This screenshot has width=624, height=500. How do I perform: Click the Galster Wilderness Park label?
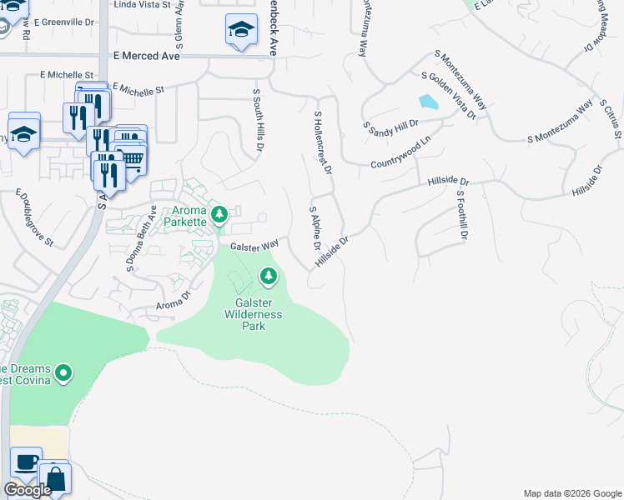click(253, 314)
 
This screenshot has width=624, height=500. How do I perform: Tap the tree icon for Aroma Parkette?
click(219, 216)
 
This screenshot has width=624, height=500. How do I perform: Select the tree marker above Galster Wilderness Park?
click(268, 275)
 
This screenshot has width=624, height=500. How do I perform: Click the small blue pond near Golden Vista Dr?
click(427, 102)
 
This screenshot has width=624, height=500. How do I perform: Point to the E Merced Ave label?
click(146, 56)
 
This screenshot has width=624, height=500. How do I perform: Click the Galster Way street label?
click(254, 246)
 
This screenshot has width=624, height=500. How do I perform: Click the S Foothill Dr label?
click(460, 215)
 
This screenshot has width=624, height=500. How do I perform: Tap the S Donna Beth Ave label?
click(141, 238)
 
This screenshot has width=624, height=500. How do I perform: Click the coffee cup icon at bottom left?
click(26, 462)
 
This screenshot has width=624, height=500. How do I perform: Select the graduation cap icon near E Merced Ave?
click(241, 31)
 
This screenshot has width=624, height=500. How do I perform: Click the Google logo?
click(28, 490)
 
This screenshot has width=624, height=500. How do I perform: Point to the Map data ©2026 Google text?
click(571, 493)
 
